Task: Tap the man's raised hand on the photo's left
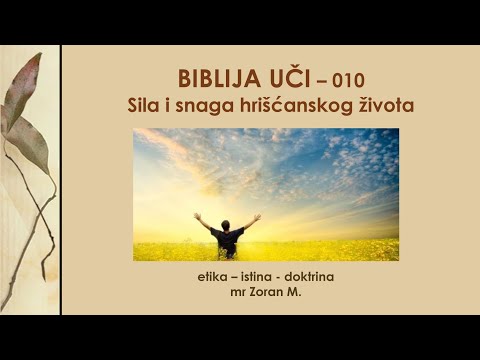point(197,216)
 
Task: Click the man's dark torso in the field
point(228,241)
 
